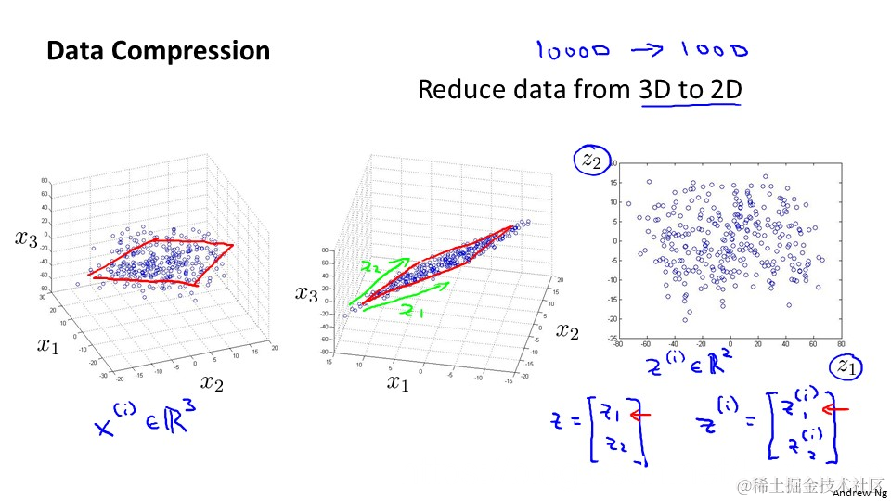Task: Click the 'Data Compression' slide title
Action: click(x=158, y=50)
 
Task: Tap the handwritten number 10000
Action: click(x=572, y=51)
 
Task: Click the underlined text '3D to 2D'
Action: click(x=690, y=90)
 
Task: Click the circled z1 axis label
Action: click(x=846, y=366)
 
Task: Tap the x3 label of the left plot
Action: click(x=27, y=238)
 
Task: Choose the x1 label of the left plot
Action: click(x=49, y=346)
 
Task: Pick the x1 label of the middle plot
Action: click(x=398, y=382)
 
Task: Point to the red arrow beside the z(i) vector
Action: click(x=836, y=407)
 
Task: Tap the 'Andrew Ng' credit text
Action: click(x=859, y=494)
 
